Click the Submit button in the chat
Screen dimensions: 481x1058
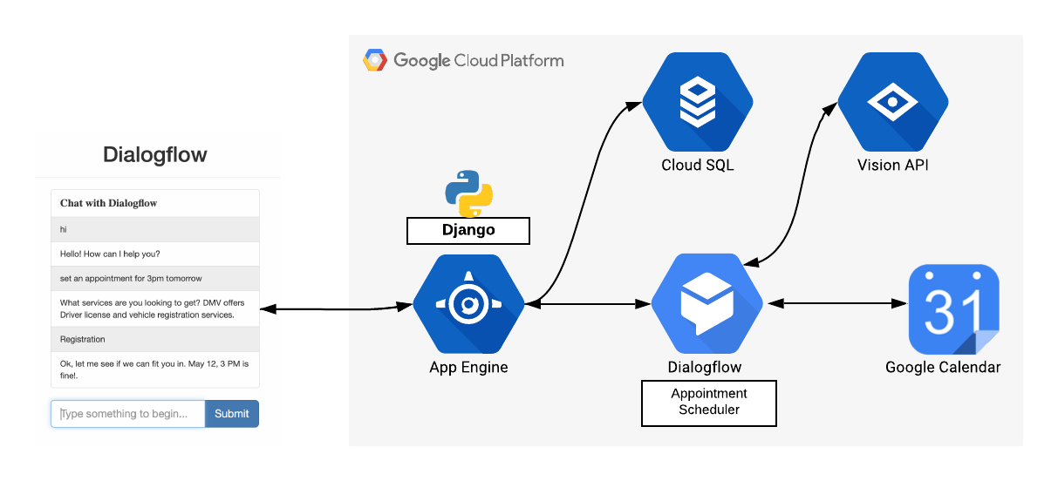(231, 414)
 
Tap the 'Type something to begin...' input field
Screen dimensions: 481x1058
(128, 414)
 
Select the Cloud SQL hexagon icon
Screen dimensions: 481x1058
(698, 102)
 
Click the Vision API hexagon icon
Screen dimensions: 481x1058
(893, 102)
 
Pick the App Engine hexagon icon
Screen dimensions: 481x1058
(468, 304)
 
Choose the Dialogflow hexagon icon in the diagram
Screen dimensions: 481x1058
(706, 304)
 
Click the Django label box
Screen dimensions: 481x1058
(468, 231)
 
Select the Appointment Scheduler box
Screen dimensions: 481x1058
(708, 403)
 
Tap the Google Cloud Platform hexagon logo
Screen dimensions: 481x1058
(375, 61)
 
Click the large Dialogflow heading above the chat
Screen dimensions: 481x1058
(155, 155)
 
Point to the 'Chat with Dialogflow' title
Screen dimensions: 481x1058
(109, 203)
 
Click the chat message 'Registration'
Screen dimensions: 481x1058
(83, 339)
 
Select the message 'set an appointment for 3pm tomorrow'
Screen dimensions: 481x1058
(131, 279)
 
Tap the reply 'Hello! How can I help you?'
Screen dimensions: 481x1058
(110, 254)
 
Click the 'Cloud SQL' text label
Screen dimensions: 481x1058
(698, 165)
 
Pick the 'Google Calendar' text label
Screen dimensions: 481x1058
(943, 367)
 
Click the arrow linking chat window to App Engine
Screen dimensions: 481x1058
(336, 308)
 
